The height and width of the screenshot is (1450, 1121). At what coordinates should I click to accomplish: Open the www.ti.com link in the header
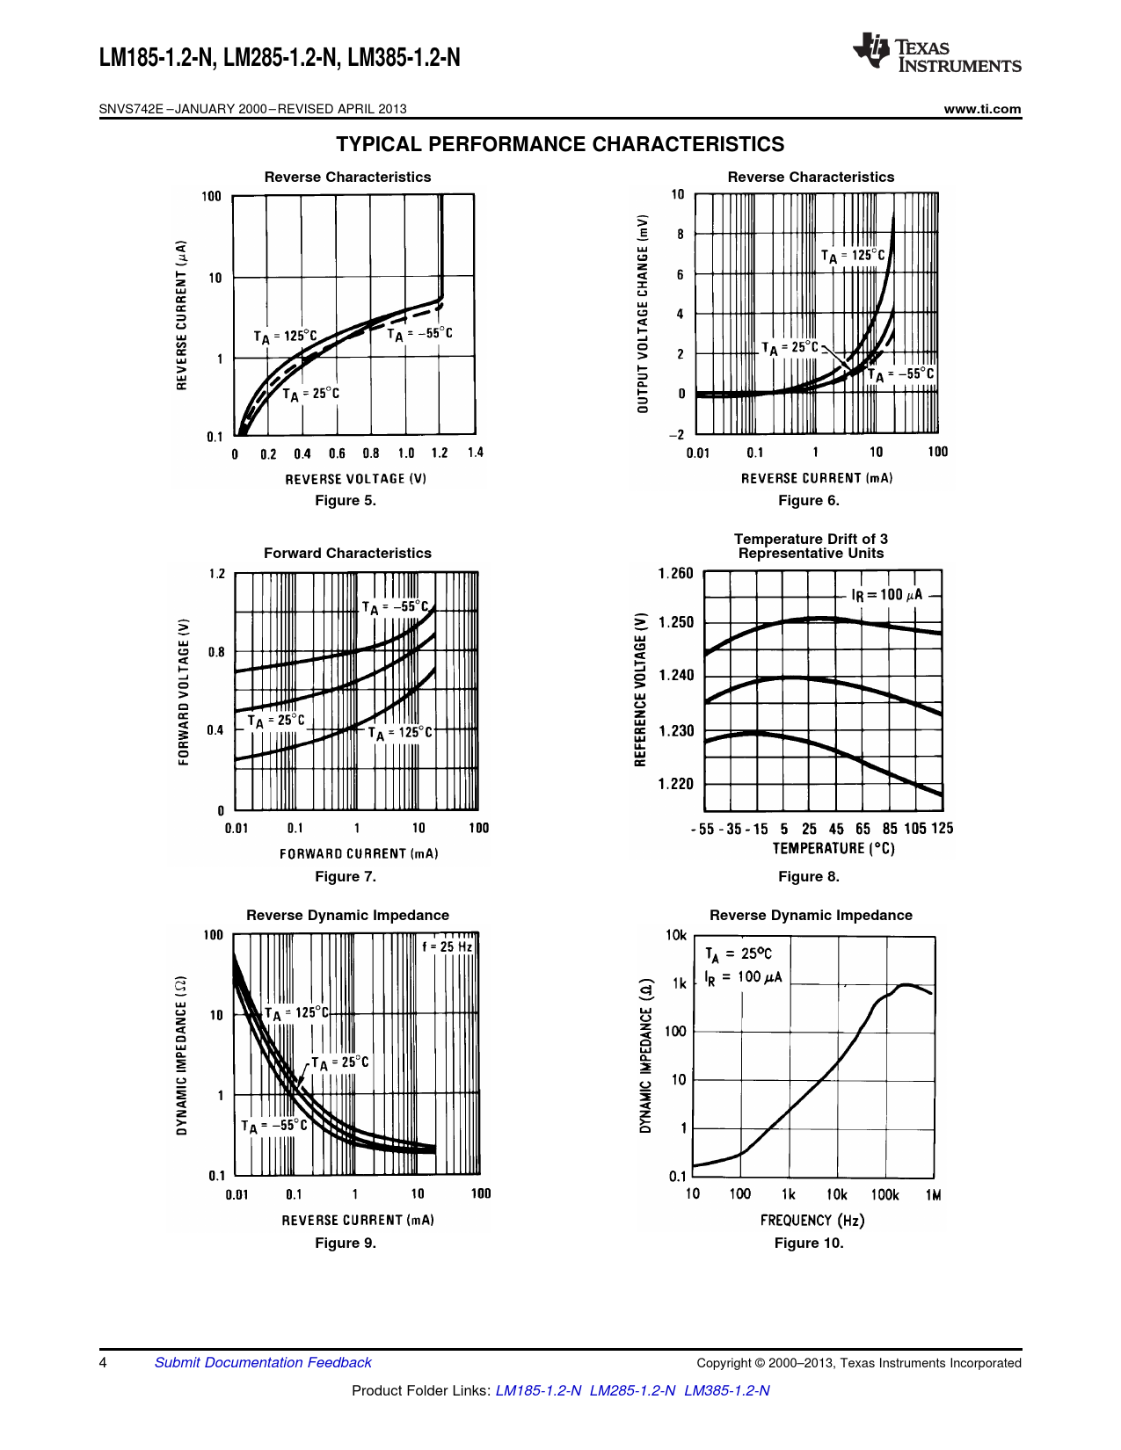(x=982, y=109)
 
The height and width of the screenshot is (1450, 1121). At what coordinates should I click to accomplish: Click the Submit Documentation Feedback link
(x=263, y=1362)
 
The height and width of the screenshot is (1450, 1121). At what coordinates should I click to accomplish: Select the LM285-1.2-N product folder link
(x=632, y=1390)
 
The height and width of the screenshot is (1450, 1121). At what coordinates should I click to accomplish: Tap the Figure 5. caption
(x=346, y=500)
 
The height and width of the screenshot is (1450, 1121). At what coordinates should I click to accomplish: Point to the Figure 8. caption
(x=808, y=876)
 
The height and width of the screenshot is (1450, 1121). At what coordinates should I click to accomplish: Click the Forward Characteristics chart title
(x=347, y=553)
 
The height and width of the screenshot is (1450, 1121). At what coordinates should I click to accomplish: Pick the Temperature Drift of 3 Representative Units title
(x=811, y=546)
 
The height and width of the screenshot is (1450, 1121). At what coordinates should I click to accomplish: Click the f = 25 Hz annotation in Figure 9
(x=447, y=946)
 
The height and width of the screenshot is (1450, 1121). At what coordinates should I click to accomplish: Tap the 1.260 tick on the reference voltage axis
(x=675, y=574)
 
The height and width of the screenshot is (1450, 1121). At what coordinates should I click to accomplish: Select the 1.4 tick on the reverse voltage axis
(x=475, y=453)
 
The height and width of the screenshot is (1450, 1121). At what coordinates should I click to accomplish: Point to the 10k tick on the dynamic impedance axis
(x=676, y=935)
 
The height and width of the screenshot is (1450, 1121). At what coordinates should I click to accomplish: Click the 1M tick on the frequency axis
(x=933, y=1195)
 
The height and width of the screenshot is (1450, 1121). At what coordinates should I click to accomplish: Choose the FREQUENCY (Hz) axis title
(x=812, y=1220)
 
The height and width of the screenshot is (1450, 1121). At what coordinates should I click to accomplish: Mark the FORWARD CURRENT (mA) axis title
(x=359, y=853)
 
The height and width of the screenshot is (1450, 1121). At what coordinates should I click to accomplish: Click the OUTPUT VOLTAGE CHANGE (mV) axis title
(x=643, y=314)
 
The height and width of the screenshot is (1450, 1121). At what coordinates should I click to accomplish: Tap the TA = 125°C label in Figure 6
(x=853, y=256)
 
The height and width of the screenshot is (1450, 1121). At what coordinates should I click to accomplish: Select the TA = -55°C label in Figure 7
(x=396, y=607)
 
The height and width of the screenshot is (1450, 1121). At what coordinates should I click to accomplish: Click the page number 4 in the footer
(x=104, y=1362)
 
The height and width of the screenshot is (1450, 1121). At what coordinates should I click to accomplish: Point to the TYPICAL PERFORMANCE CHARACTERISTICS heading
(x=560, y=144)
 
